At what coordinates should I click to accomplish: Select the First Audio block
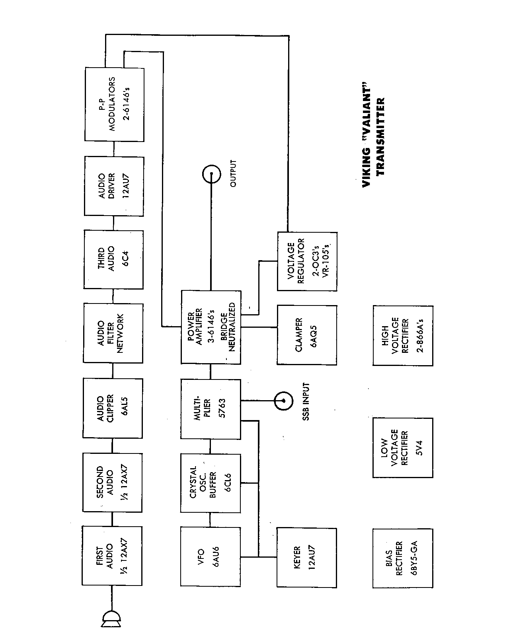click(112, 556)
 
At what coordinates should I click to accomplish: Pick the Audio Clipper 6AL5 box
click(113, 409)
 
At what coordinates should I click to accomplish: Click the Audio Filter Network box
click(113, 333)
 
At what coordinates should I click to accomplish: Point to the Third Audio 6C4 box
click(113, 259)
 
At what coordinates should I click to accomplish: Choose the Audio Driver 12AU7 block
click(114, 186)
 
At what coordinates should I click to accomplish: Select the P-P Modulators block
click(114, 105)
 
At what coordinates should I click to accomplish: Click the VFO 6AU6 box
click(211, 556)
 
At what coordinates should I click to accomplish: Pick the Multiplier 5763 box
click(211, 409)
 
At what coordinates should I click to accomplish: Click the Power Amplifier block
click(211, 327)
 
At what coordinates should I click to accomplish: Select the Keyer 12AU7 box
click(306, 558)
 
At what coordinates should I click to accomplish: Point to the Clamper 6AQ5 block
click(306, 335)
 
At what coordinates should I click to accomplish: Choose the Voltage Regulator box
click(307, 261)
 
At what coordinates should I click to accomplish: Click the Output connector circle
click(211, 174)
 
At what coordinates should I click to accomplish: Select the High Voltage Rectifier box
click(403, 335)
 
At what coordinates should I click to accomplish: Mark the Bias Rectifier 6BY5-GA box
click(403, 558)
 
